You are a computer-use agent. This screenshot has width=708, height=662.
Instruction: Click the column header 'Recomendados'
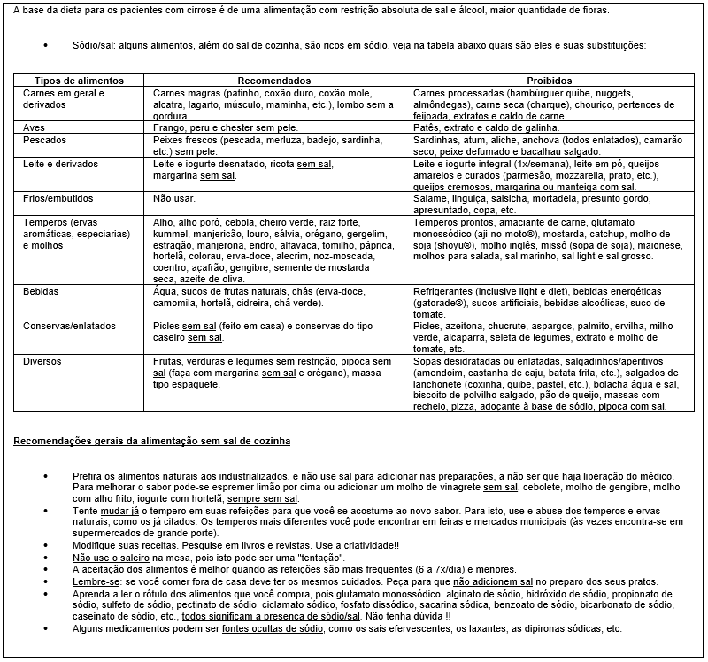(x=274, y=81)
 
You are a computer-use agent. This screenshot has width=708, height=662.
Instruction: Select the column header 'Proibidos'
(x=550, y=81)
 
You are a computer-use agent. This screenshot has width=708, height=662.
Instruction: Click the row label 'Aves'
(x=35, y=127)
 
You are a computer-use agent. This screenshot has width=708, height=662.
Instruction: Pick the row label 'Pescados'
(x=44, y=140)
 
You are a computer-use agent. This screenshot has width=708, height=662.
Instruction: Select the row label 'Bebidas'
(x=42, y=291)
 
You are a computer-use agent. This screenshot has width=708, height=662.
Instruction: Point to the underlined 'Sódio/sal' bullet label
(x=93, y=44)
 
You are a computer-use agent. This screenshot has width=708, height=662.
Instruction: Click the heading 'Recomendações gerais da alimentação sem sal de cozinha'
(x=151, y=440)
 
